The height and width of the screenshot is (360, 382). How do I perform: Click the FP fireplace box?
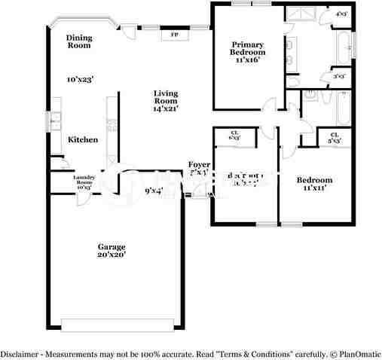pos(174,34)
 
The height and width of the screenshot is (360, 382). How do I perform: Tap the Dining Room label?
pos(78,41)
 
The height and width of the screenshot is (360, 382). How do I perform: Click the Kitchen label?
pos(82,140)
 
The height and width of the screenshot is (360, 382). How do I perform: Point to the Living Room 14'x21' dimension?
pos(166,108)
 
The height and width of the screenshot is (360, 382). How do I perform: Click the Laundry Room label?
pos(83,182)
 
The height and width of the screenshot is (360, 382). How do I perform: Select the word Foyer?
pos(199,164)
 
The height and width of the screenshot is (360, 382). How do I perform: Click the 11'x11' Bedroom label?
pos(313,185)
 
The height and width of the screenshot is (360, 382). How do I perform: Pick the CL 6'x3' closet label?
pos(234,136)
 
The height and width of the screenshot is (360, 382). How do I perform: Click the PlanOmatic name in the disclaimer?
pos(354,353)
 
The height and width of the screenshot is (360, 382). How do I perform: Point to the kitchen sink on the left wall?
pos(53,120)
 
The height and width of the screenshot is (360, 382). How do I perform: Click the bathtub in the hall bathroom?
pos(342,108)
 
